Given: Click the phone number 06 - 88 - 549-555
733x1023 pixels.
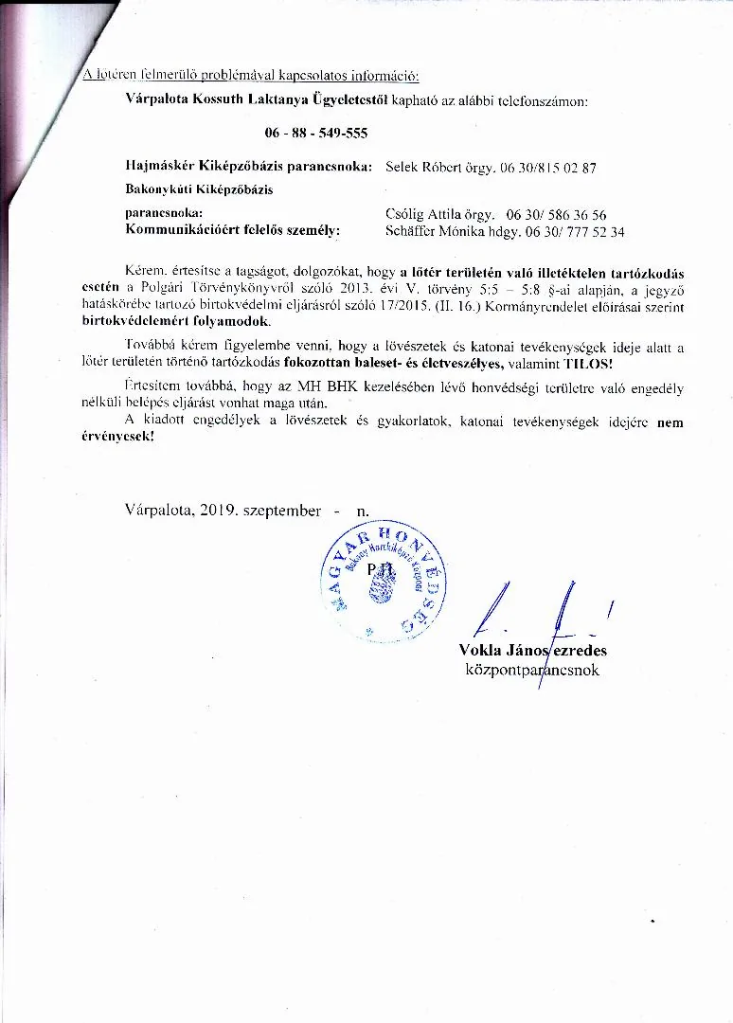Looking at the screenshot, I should [x=315, y=133].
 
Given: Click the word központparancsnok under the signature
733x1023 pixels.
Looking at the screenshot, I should [x=532, y=670].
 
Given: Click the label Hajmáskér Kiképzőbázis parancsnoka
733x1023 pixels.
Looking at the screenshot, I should [x=248, y=167].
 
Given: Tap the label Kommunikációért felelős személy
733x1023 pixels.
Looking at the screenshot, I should [x=233, y=230].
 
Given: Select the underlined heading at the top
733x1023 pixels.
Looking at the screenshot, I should [x=250, y=75].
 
